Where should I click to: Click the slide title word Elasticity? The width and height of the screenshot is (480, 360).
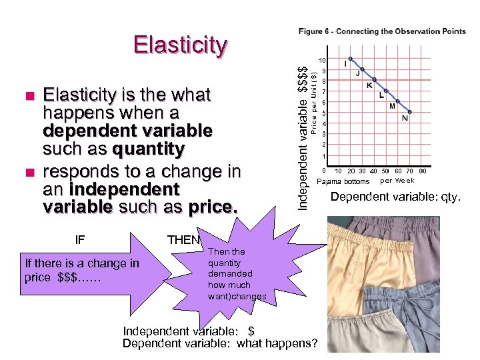coord(181,45)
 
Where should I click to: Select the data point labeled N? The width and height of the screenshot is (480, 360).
coord(411,112)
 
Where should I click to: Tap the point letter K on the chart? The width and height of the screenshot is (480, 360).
coord(369,85)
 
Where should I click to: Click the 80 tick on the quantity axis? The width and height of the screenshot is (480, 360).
coord(441,171)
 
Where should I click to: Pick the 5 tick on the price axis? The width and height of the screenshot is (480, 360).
coord(323,113)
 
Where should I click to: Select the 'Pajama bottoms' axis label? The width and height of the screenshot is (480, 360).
coord(343,181)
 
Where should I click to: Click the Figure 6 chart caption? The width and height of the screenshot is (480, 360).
coord(382,31)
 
